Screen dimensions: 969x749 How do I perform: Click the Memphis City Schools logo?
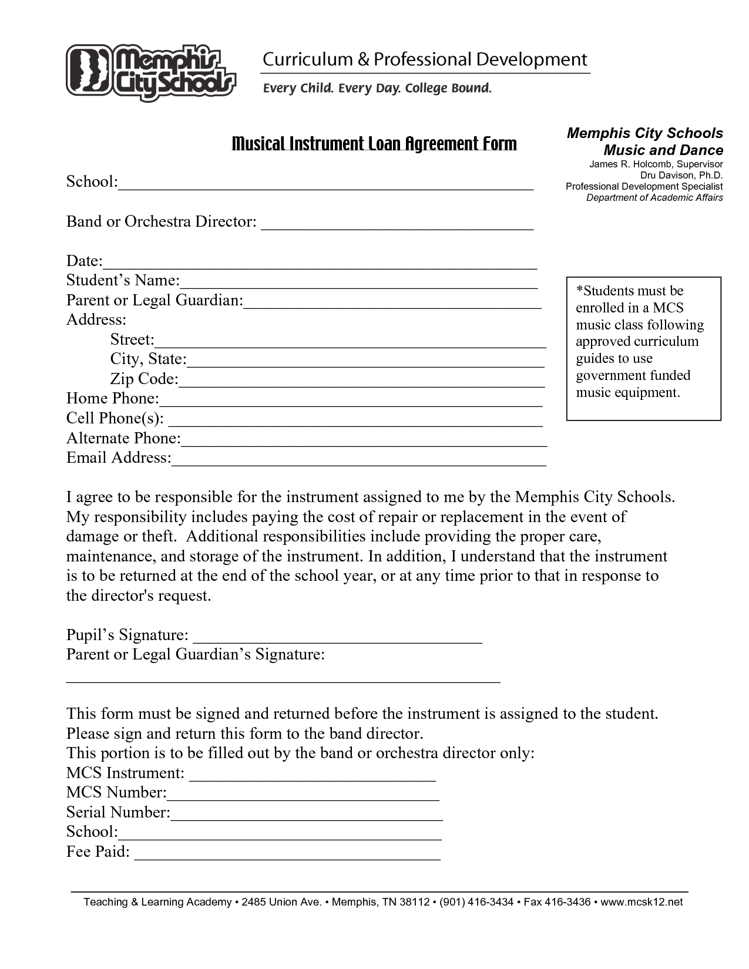(x=150, y=72)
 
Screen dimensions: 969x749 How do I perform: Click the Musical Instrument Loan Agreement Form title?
(x=374, y=144)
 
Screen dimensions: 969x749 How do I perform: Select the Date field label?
(x=84, y=261)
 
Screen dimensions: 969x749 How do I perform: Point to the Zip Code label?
(x=144, y=379)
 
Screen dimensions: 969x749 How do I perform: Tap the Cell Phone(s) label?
(x=115, y=419)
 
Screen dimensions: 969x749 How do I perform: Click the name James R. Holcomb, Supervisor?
(x=656, y=164)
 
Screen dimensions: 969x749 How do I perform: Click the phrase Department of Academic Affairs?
(x=654, y=198)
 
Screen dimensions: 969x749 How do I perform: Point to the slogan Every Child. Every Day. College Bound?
(x=377, y=89)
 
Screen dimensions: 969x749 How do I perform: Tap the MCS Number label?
(x=116, y=793)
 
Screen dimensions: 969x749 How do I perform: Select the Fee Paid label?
(x=98, y=852)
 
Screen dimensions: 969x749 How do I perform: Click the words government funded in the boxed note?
(x=633, y=376)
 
